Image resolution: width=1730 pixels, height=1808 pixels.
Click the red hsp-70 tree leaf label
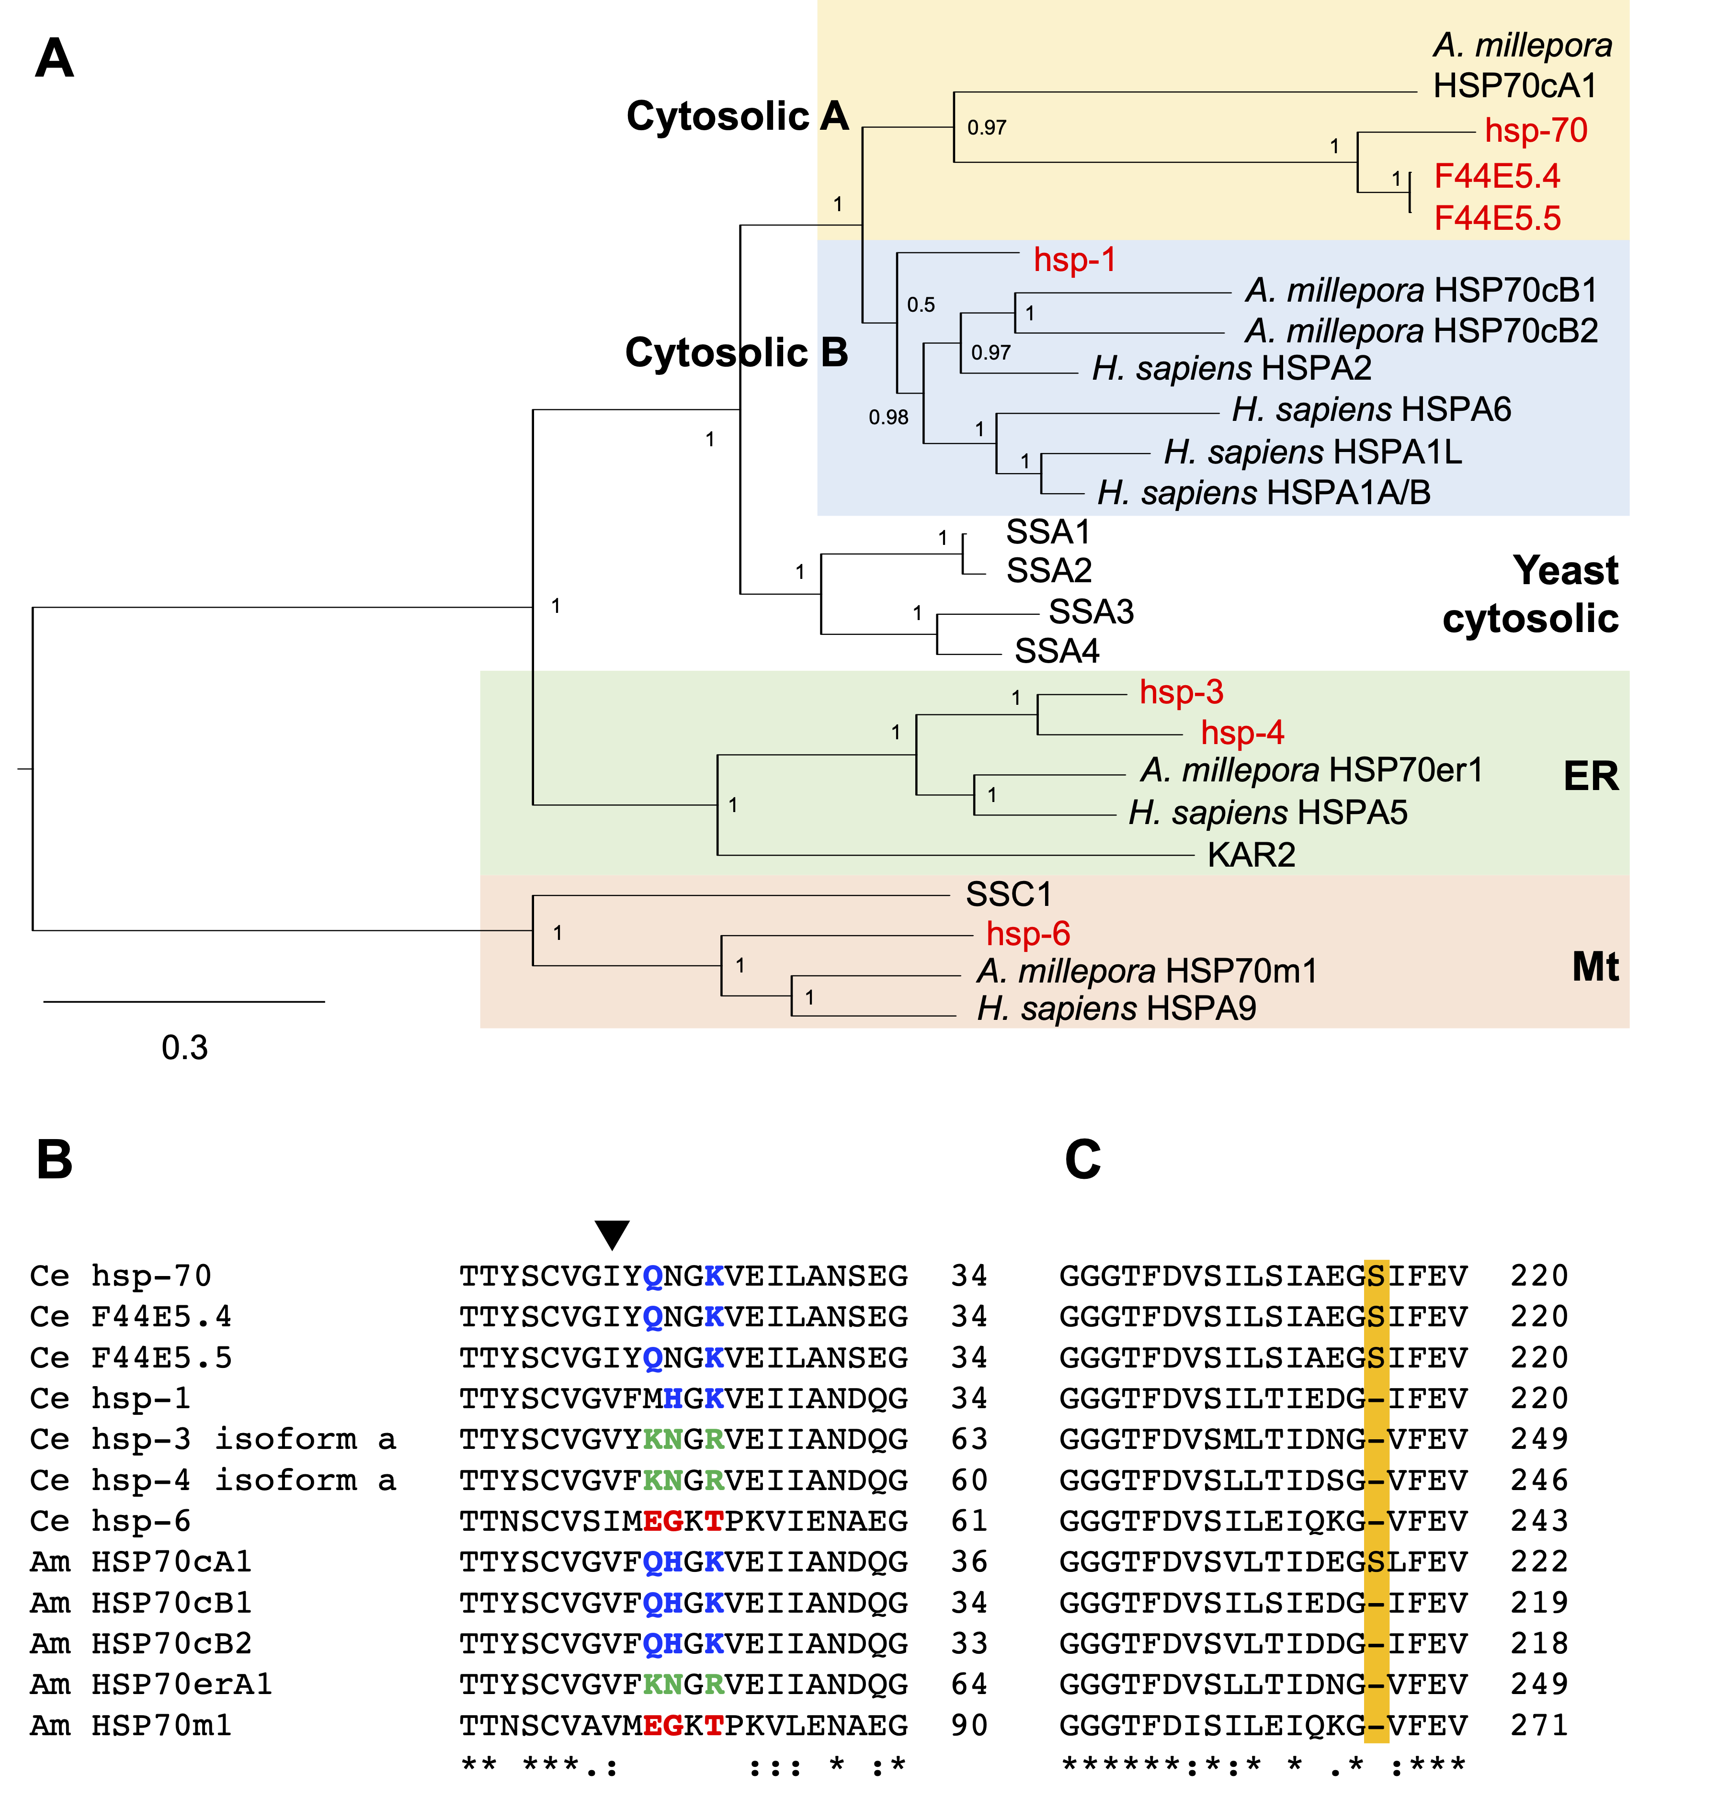click(1536, 131)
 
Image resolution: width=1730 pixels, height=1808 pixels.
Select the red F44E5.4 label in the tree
click(1497, 175)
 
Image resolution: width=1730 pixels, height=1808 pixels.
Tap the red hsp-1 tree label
click(1074, 260)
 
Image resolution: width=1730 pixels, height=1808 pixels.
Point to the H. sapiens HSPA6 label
click(1371, 409)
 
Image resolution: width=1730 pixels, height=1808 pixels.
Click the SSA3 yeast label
click(1091, 611)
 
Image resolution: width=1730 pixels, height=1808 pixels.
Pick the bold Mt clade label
click(1594, 967)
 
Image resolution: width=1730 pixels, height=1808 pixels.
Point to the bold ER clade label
click(1591, 776)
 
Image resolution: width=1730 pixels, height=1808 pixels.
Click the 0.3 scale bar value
click(184, 1047)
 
